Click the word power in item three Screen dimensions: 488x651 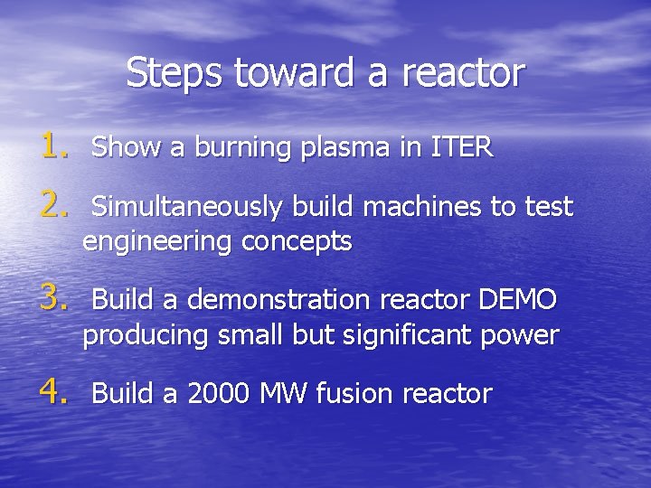coord(519,336)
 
